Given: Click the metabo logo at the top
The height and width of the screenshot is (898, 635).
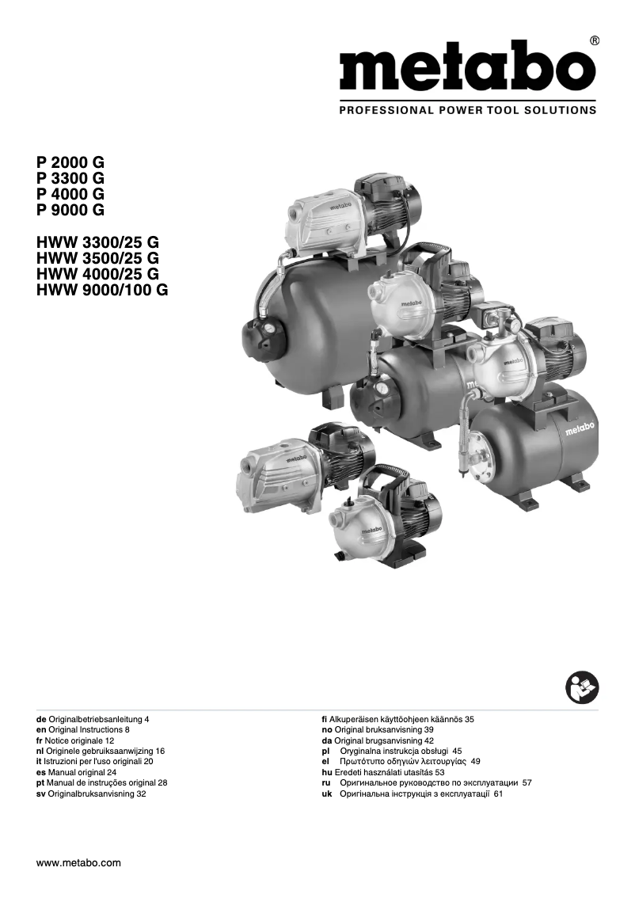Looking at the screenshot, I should (467, 69).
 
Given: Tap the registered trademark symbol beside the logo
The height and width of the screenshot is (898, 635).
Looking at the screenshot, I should (595, 40).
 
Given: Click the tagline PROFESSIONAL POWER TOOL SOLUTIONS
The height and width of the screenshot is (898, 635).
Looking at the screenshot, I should (467, 110).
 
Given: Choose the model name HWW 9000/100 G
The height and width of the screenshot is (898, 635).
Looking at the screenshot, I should (102, 290).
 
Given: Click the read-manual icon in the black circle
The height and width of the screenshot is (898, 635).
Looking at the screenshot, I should (583, 687).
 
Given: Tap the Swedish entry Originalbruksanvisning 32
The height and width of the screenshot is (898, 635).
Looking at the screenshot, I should (92, 793).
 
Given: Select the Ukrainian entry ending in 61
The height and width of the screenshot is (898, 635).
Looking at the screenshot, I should (420, 793).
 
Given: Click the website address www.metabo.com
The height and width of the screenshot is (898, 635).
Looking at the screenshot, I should (79, 863).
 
